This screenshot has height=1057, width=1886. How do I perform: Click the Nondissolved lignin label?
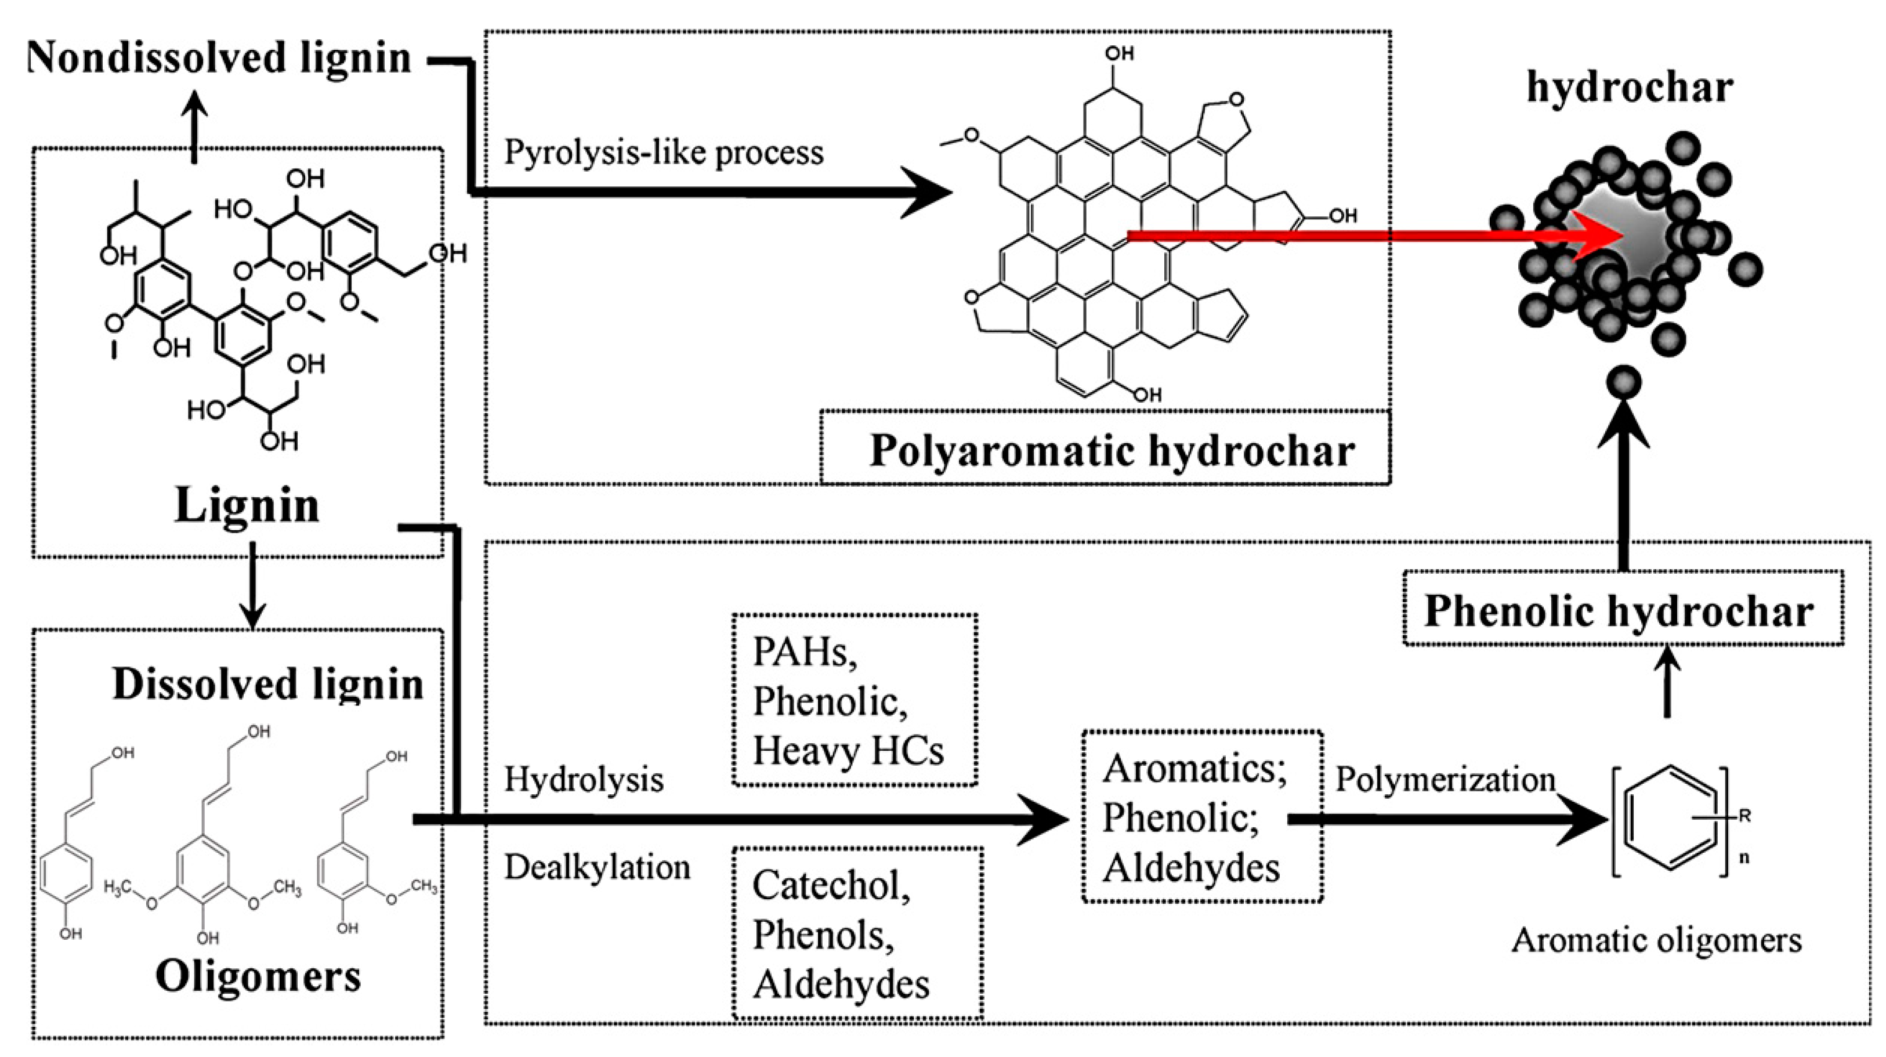click(x=218, y=58)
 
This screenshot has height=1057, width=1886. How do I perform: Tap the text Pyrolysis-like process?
click(x=663, y=152)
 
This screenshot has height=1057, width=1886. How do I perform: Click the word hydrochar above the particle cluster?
click(x=1630, y=88)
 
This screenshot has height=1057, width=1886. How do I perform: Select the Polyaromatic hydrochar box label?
click(x=1112, y=450)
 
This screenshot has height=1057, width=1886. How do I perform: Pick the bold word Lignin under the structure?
click(x=248, y=505)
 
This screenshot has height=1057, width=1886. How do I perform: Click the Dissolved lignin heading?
click(x=268, y=685)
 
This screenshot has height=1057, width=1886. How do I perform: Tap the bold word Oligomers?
click(x=258, y=976)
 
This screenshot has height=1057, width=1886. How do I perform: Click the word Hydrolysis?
click(x=584, y=779)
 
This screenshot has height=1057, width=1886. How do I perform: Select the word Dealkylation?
click(x=597, y=867)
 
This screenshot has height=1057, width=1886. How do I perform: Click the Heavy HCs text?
click(x=848, y=750)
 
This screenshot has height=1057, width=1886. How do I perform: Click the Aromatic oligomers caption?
click(x=1656, y=940)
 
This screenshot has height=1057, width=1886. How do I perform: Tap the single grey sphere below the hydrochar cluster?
click(x=1623, y=383)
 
